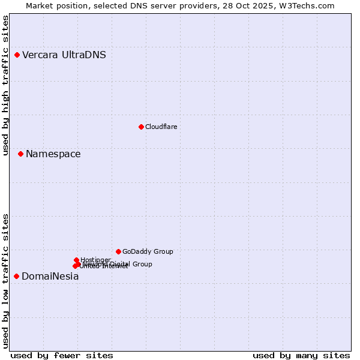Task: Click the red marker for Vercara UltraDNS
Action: pos(17,55)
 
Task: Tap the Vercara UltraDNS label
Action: pos(64,55)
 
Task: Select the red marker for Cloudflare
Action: pos(141,127)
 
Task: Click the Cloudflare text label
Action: pos(161,127)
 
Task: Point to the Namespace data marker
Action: pos(20,154)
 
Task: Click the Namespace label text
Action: pos(53,154)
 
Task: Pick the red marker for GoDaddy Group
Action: pos(118,251)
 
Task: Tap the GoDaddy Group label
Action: pos(148,251)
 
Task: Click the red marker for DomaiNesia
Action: pos(16,276)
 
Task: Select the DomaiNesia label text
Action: pos(50,277)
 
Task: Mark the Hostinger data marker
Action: pos(76,260)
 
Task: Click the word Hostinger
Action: pos(96,260)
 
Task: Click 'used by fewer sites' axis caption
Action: pos(62,355)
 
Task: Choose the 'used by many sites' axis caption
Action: pos(301,355)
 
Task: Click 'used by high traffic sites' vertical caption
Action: pos(6,85)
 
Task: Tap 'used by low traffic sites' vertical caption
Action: pos(6,280)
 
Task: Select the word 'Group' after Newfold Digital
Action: pos(142,264)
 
